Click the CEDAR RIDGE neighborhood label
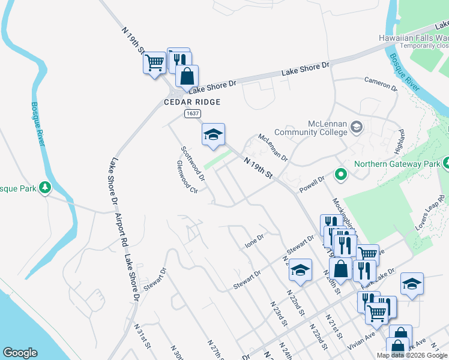[x=192, y=102]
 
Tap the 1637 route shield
[x=192, y=113]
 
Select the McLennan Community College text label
[x=310, y=128]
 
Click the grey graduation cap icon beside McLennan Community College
[x=357, y=127]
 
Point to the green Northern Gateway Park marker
[x=341, y=175]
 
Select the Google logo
[x=20, y=353]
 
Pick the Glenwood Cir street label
[x=187, y=176]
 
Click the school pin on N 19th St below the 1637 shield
[x=213, y=135]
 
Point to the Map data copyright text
[x=411, y=355]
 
